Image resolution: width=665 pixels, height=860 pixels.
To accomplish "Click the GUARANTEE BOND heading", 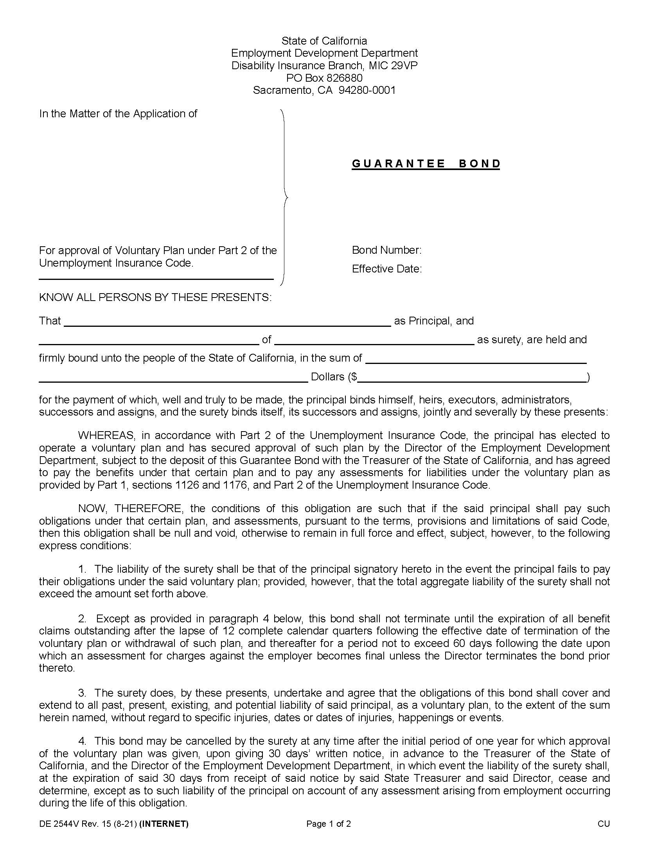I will (x=426, y=163).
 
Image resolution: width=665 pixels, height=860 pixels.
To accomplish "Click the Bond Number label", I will (x=386, y=250).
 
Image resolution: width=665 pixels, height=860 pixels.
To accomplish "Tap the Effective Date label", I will (x=386, y=269).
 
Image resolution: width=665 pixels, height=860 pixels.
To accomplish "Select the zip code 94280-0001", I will (x=367, y=90).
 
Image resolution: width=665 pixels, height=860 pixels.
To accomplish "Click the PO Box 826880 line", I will (x=324, y=77).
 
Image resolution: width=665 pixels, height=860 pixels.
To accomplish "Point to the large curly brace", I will (x=284, y=197).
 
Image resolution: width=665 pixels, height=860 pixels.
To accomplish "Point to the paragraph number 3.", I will (x=82, y=693).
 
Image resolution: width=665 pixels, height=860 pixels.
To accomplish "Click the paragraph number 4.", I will (x=82, y=741).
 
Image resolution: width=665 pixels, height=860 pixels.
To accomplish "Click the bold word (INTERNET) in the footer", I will (x=164, y=824).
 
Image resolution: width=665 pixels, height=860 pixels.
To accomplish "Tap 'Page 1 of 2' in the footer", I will (x=328, y=824).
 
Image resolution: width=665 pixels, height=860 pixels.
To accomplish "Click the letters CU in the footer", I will (x=604, y=824).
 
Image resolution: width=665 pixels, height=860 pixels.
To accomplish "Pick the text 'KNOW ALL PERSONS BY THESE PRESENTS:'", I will (x=155, y=297).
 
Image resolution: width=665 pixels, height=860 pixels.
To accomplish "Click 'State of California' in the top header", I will (x=324, y=41).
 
